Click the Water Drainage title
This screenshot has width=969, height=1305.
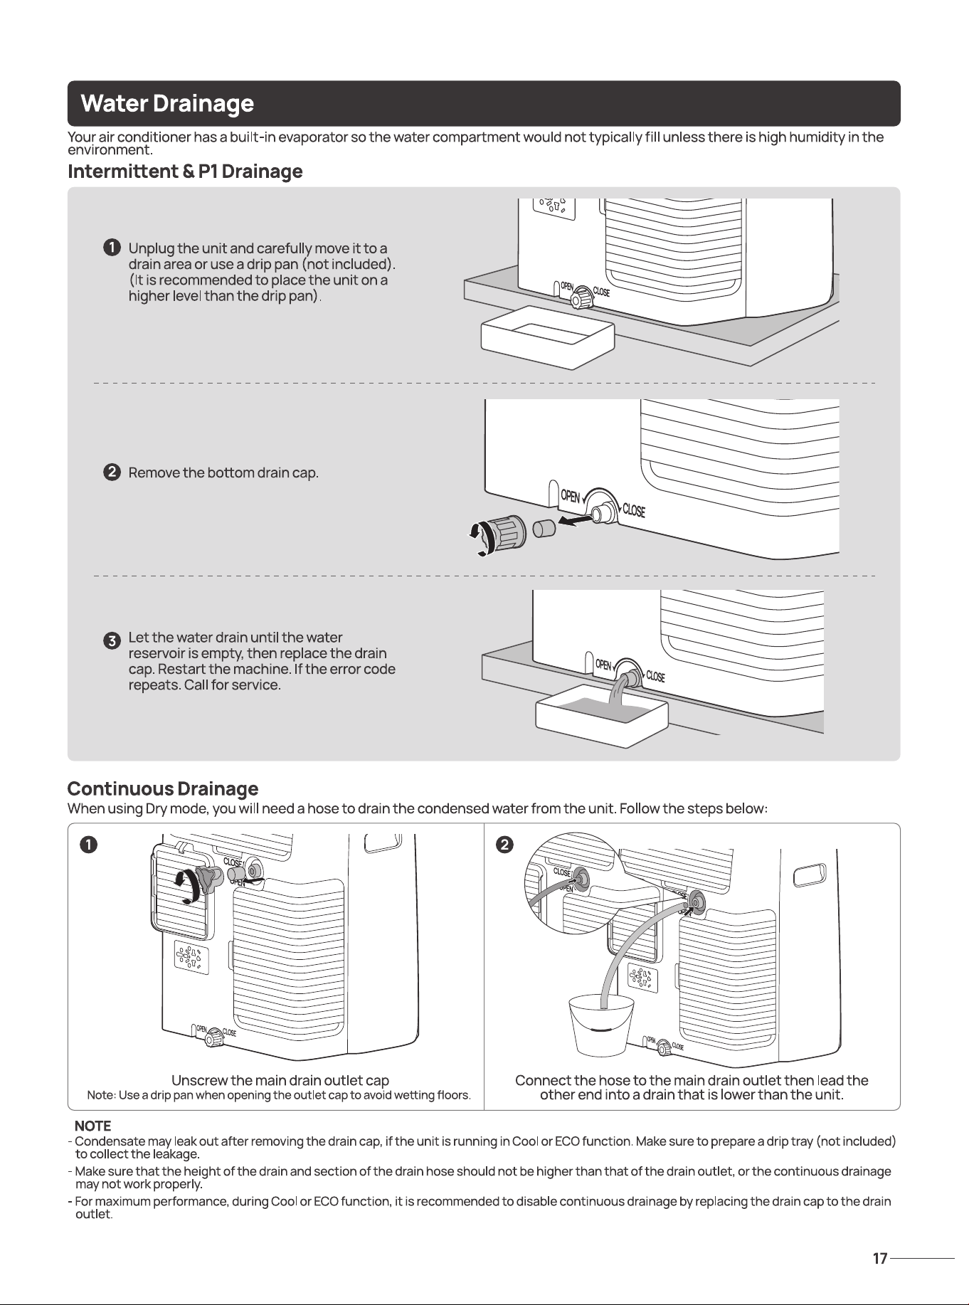[x=167, y=104]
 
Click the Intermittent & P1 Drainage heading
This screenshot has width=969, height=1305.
[x=185, y=171]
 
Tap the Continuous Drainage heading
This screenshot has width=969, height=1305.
[x=163, y=789]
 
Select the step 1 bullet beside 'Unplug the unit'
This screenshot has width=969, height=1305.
[x=111, y=248]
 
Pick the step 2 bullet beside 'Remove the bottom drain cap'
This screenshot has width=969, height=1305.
[x=111, y=473]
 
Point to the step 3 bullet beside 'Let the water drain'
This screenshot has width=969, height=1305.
[x=111, y=640]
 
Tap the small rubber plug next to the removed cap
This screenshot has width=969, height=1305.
[x=545, y=529]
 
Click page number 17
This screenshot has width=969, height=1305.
[x=880, y=1258]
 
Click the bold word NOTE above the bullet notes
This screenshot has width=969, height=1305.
[x=92, y=1126]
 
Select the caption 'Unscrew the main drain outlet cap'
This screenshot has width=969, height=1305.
[x=280, y=1080]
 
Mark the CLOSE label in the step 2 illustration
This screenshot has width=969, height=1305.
[x=634, y=510]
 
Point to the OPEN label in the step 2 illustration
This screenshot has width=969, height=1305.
[x=571, y=496]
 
